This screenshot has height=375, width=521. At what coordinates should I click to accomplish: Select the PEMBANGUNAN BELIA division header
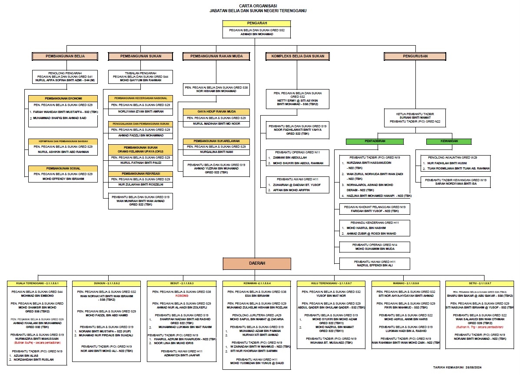click(x=65, y=56)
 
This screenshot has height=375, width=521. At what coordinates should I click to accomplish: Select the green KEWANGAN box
click(x=443, y=141)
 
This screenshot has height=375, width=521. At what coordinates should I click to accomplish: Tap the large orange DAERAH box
click(x=256, y=263)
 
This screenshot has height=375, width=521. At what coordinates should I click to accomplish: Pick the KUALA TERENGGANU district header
click(x=37, y=283)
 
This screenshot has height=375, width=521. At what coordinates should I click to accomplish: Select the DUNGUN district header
click(x=106, y=283)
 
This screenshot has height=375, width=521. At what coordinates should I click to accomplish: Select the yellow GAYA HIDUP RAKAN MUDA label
click(x=216, y=112)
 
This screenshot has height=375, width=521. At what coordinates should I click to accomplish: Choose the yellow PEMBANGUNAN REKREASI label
click(x=140, y=173)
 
